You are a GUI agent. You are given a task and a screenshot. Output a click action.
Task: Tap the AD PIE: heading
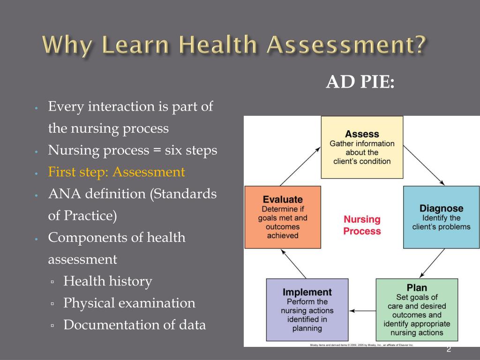click(360, 82)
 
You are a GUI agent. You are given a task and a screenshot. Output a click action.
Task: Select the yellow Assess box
click(362, 147)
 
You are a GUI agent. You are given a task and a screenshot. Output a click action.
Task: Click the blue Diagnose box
click(441, 217)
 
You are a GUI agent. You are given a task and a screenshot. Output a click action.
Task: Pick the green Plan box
click(416, 310)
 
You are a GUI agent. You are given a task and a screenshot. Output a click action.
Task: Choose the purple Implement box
click(307, 310)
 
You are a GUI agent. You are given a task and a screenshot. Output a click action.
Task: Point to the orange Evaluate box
click(283, 217)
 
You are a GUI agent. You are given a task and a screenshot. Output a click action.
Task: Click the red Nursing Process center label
click(362, 225)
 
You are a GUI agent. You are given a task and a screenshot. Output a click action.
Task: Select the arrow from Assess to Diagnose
click(424, 165)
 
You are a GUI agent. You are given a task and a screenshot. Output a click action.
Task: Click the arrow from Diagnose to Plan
click(432, 263)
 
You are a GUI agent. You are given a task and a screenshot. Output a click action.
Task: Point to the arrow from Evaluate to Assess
click(300, 165)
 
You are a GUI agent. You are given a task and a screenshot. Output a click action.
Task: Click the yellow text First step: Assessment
click(117, 172)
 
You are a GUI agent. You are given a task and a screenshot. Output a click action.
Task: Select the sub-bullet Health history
click(108, 281)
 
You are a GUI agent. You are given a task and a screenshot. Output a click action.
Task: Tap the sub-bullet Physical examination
click(129, 303)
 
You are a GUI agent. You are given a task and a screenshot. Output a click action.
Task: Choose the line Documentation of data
click(135, 324)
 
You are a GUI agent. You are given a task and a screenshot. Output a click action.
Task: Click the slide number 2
click(449, 349)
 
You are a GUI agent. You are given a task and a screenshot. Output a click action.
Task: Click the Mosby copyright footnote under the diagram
click(361, 345)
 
